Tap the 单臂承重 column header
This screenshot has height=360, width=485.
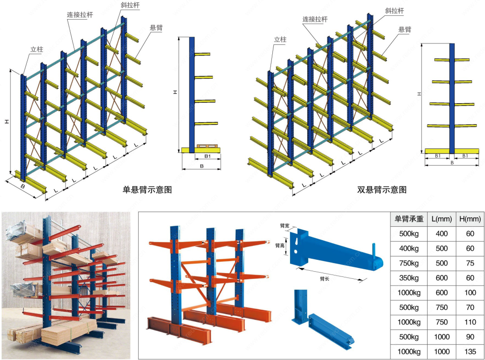(408, 219)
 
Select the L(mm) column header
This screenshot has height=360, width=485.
(442, 219)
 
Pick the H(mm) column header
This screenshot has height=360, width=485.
(470, 219)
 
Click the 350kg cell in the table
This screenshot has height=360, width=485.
(408, 278)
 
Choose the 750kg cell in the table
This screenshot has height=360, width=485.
(408, 263)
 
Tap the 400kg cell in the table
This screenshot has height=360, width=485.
(408, 248)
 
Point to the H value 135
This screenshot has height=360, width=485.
(470, 352)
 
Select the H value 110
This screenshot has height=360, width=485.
(470, 322)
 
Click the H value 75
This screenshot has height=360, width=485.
(470, 263)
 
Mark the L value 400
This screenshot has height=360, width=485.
(442, 233)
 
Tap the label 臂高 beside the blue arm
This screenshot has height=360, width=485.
(280, 245)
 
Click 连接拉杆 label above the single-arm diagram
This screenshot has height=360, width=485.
(80, 15)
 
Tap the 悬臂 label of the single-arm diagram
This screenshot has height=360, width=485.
(156, 28)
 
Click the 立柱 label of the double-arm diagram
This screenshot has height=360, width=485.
(280, 40)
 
